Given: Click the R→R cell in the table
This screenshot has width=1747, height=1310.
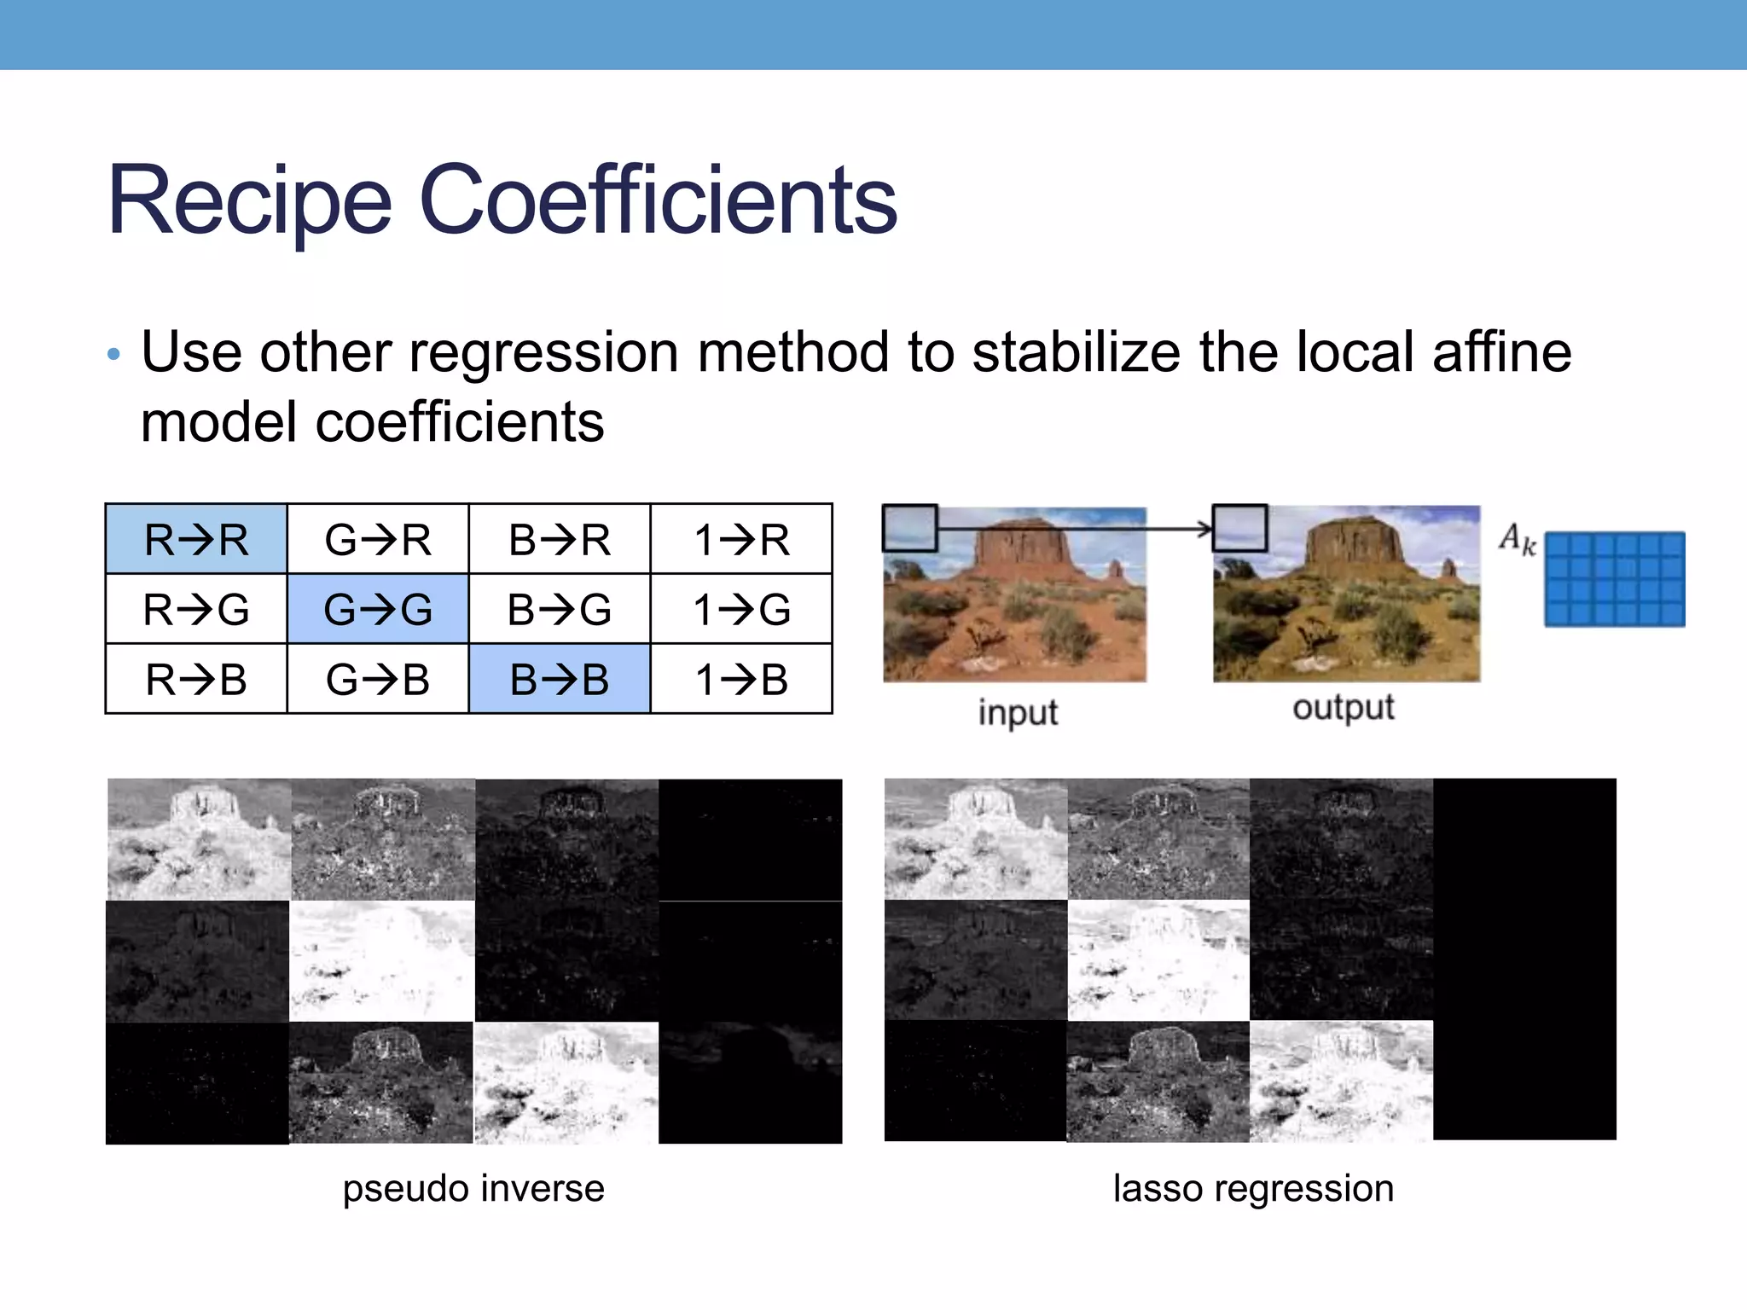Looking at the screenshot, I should click(x=196, y=539).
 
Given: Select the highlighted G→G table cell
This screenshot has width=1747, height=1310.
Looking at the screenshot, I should click(x=378, y=609).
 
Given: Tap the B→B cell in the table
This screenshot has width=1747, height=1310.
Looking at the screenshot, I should click(x=560, y=679).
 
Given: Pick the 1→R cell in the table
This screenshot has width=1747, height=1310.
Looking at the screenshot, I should click(x=741, y=539).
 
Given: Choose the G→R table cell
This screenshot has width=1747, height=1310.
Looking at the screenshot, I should click(x=378, y=539).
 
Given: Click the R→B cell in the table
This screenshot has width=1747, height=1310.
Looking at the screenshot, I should click(x=196, y=679).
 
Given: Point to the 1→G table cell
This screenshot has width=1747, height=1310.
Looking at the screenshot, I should click(x=741, y=609).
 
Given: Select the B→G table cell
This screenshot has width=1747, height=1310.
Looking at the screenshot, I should click(x=560, y=609).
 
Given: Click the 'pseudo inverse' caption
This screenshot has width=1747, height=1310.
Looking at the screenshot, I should click(x=473, y=1188).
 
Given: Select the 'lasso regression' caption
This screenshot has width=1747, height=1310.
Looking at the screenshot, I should click(x=1253, y=1188).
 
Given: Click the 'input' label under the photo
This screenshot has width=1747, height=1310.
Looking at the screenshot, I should click(x=1018, y=711).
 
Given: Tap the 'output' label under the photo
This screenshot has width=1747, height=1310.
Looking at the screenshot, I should click(x=1344, y=708).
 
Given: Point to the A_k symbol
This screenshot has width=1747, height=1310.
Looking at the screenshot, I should click(x=1518, y=539).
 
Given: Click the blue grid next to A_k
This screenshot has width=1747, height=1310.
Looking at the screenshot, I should click(x=1615, y=579).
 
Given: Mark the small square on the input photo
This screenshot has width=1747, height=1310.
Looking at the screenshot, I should click(x=910, y=529).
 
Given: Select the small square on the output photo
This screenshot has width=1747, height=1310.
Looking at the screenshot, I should click(x=1240, y=528).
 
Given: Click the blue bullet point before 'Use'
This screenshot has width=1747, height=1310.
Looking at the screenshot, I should click(x=114, y=354).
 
